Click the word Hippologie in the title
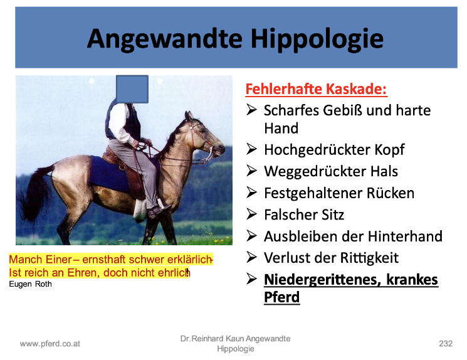point(317,40)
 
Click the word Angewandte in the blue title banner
point(165,40)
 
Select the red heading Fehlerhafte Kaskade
point(317,89)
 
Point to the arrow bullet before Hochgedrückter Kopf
point(251,149)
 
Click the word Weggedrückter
point(315,171)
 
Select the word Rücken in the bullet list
point(390,193)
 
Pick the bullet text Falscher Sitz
point(304,214)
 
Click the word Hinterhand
point(405,236)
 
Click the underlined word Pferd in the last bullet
point(281,297)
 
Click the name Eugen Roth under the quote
point(30,284)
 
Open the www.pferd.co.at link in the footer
point(50,344)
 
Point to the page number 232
point(446,344)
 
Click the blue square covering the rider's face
point(132,89)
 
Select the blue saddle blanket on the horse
point(110,174)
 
